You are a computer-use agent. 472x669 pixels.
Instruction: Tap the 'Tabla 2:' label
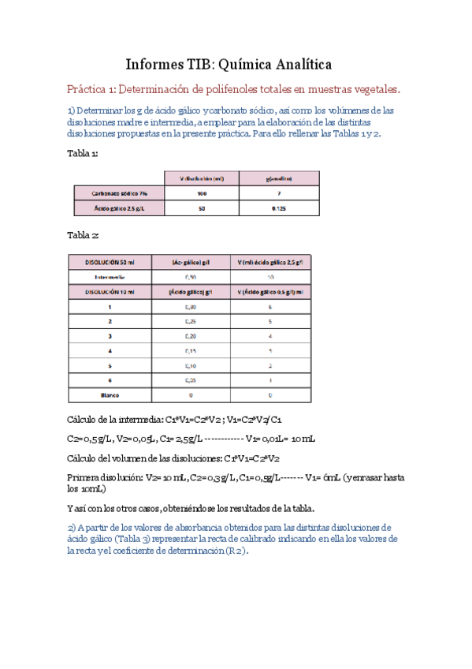83,236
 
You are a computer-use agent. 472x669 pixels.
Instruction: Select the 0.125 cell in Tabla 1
279,208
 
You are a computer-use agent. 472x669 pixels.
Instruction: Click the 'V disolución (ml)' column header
203,178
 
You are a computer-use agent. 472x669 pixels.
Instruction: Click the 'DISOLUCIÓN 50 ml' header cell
113,262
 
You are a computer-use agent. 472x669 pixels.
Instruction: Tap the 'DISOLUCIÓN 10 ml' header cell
113,291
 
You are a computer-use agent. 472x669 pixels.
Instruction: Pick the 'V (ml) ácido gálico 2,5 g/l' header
270,262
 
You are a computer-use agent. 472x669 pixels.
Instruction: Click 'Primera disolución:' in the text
98,477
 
